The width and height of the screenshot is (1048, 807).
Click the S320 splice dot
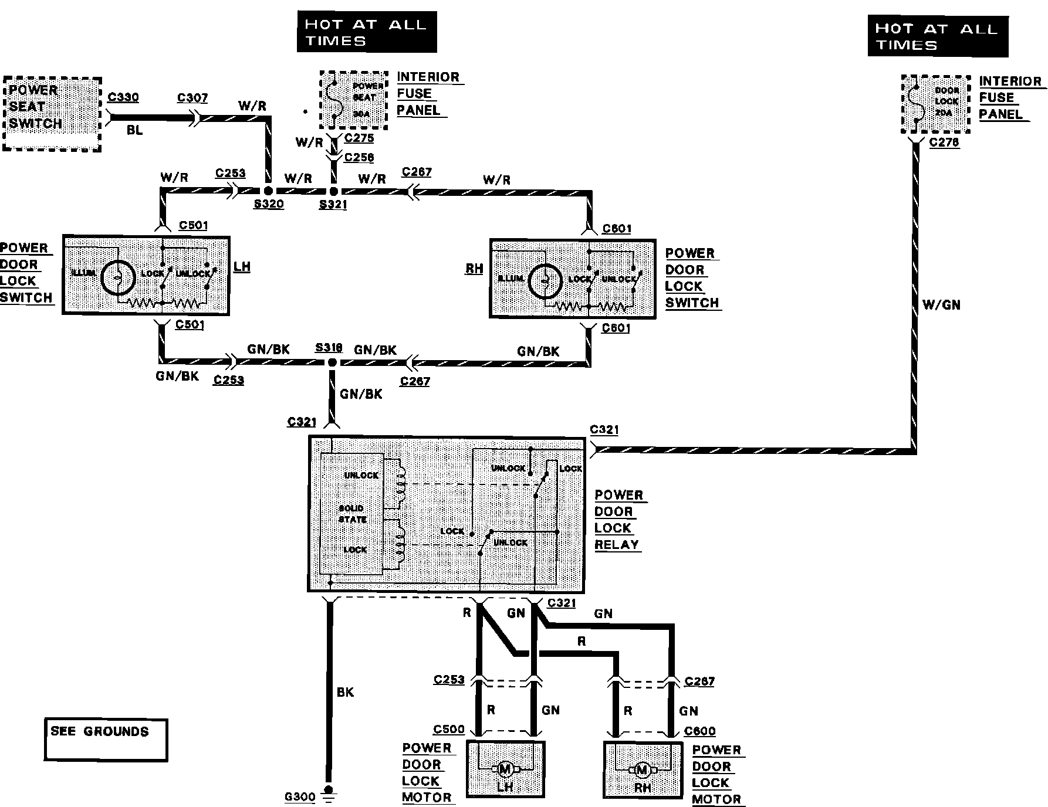click(x=267, y=191)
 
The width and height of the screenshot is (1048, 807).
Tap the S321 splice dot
click(x=333, y=191)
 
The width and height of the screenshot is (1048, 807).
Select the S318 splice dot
click(x=332, y=363)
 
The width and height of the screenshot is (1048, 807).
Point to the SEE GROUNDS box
click(x=106, y=740)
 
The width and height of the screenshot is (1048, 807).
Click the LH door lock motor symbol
click(x=505, y=768)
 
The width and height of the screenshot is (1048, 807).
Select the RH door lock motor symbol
click(x=642, y=769)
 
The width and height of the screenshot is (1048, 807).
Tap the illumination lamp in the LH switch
click(x=118, y=277)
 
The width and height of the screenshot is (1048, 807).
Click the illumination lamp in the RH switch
click(x=545, y=282)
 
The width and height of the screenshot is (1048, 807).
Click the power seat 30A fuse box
click(x=354, y=100)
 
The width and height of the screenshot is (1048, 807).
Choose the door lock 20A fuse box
click(x=935, y=104)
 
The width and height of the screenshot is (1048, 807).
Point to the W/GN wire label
click(x=941, y=305)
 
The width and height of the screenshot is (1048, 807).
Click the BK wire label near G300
click(x=346, y=693)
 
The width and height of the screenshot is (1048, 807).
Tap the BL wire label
click(x=135, y=130)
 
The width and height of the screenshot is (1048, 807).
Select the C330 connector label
click(x=123, y=97)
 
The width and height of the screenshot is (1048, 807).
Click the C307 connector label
click(x=192, y=98)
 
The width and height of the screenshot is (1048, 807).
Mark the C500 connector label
click(x=449, y=730)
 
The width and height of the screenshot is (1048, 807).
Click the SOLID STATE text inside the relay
click(x=353, y=514)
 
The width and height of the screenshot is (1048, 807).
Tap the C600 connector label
click(x=699, y=731)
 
